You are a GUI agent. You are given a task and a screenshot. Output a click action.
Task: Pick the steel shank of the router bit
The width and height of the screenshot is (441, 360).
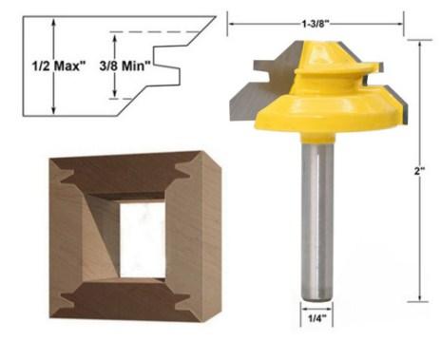[x=316, y=218]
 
